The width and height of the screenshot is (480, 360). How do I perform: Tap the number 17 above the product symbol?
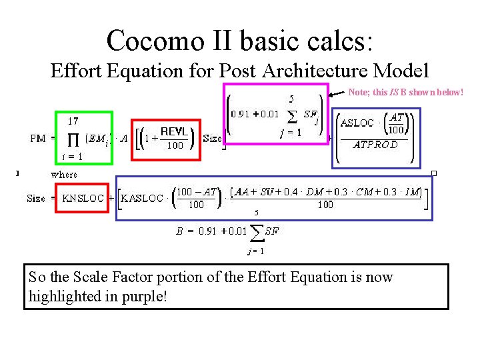click(x=73, y=121)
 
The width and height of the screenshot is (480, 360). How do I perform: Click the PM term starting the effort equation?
click(x=39, y=139)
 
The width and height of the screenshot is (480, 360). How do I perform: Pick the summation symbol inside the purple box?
click(x=291, y=116)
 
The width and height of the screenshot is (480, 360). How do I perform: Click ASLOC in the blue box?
click(x=357, y=123)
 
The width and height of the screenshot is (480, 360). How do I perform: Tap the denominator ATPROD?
click(x=375, y=144)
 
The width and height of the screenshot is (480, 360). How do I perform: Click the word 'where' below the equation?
click(x=64, y=175)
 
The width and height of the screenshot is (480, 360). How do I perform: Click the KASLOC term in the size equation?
click(x=141, y=198)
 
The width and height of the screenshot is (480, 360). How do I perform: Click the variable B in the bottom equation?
click(x=179, y=231)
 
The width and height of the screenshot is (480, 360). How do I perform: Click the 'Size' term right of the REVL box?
click(x=212, y=139)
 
